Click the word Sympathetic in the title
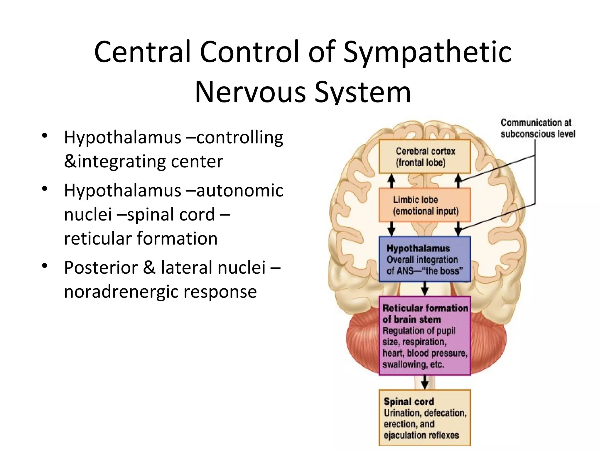(x=427, y=52)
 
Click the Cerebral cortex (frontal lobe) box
(x=425, y=157)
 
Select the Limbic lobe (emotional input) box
(x=425, y=205)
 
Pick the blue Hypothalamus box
(x=425, y=259)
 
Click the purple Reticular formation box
(x=425, y=336)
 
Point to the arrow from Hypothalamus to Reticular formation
(x=425, y=289)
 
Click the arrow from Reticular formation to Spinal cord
(x=425, y=382)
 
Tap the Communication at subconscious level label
(x=538, y=128)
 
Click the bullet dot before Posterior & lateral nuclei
(x=45, y=266)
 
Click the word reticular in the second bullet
(x=97, y=238)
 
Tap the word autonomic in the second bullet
(x=239, y=191)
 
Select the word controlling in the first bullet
(x=239, y=137)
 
